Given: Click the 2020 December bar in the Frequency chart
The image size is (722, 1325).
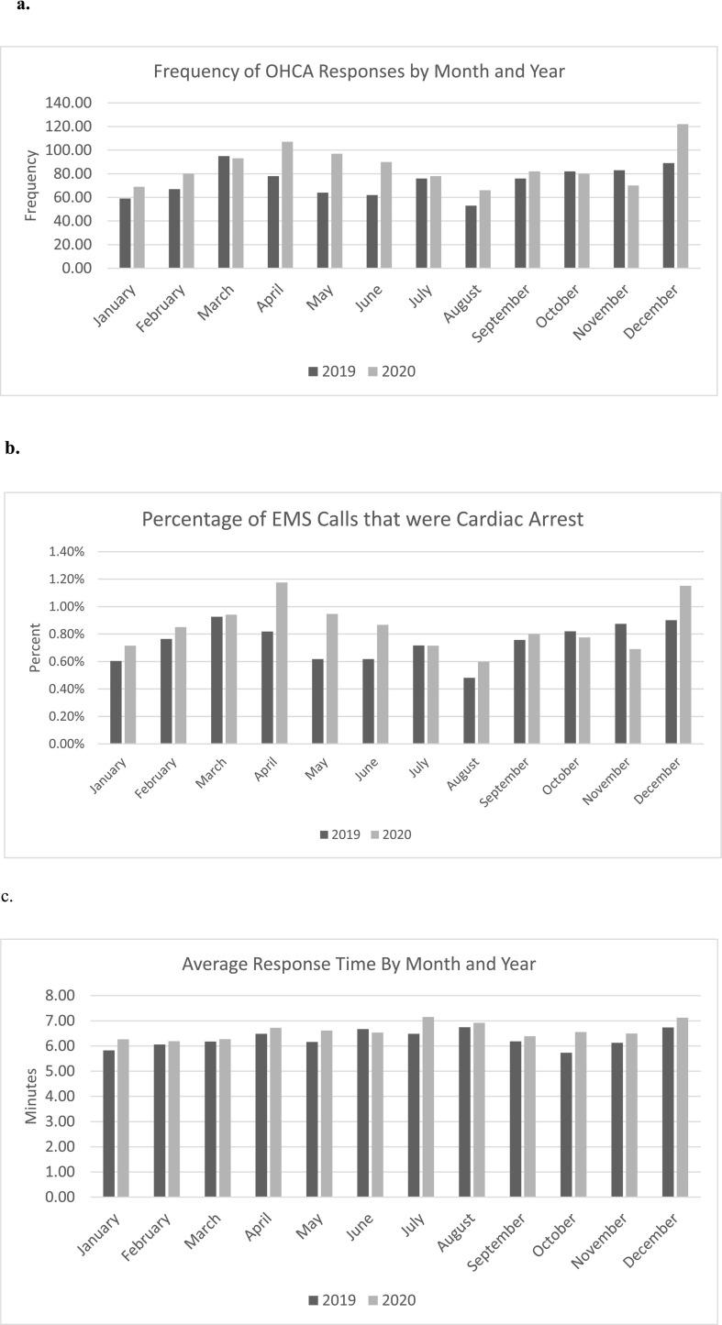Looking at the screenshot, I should (683, 196).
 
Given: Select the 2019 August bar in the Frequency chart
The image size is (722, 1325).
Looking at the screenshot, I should (471, 237).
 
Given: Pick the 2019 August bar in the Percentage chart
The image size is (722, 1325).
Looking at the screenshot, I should (469, 711).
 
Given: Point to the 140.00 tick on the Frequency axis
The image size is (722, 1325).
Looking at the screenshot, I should (69, 103).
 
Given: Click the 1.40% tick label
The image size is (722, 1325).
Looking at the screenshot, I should (66, 552).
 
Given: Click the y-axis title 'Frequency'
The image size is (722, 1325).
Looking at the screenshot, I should (31, 185).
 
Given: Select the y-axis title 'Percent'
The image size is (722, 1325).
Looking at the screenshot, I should (35, 647).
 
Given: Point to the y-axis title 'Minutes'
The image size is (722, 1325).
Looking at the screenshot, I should (31, 1096).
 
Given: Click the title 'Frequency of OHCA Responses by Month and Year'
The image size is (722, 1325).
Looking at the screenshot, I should (359, 71).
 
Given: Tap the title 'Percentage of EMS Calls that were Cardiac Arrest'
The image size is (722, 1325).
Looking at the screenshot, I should (362, 519).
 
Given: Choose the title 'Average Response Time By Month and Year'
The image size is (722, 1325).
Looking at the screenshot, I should (359, 964).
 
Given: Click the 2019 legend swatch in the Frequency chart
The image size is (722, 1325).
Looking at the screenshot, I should (313, 371).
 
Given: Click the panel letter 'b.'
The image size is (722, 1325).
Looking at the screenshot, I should (12, 448).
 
